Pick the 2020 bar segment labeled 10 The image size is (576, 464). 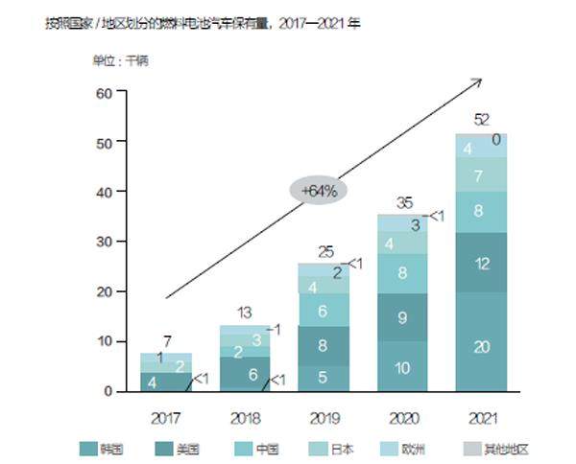click(401, 367)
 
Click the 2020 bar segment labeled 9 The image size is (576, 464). click(401, 316)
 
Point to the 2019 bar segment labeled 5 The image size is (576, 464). click(323, 378)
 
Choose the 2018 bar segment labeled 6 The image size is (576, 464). click(245, 374)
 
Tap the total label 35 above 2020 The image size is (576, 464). click(403, 202)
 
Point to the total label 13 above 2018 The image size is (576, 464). click(245, 312)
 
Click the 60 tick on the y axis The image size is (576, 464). click(105, 92)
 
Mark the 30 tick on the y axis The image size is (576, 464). click(105, 242)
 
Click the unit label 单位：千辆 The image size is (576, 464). click(120, 60)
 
